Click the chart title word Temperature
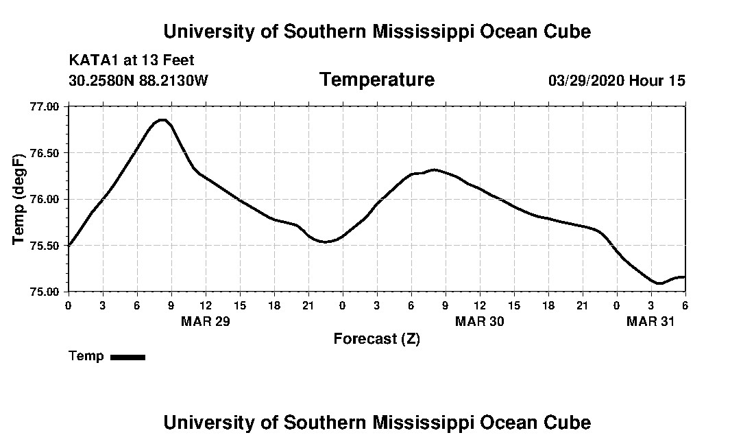pos(376,80)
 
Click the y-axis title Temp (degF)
pos(19,200)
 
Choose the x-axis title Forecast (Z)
pos(376,339)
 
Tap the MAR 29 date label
pos(205,322)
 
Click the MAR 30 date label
pos(480,322)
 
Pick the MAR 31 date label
pos(651,322)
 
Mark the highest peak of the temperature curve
pos(162,120)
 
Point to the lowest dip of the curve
pos(659,283)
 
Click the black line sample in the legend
pos(127,357)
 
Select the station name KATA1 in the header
pos(94,61)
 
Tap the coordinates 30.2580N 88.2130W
pos(138,81)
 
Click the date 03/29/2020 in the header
pos(587,81)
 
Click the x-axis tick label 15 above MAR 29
pos(240,305)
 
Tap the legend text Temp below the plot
pos(86,356)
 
